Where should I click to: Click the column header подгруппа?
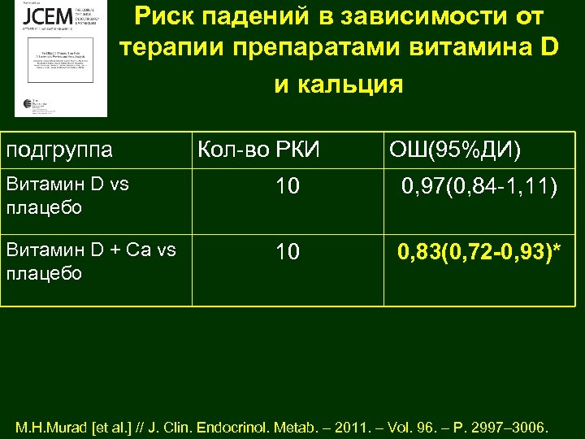pyautogui.click(x=59, y=150)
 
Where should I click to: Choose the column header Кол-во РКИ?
pyautogui.click(x=259, y=150)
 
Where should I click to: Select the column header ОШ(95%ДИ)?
pyautogui.click(x=456, y=150)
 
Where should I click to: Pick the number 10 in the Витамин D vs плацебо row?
pyautogui.click(x=287, y=188)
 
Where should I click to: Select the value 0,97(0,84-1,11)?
pyautogui.click(x=479, y=189)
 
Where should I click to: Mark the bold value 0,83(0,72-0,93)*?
pyautogui.click(x=479, y=253)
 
